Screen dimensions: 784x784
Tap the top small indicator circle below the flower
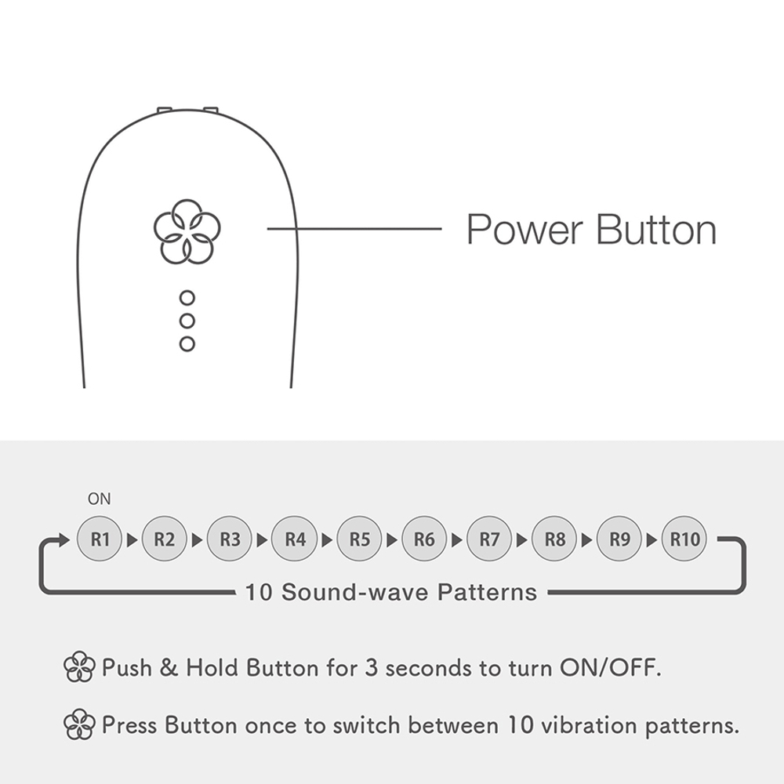(x=187, y=298)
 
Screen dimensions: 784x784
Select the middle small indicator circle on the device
(x=187, y=321)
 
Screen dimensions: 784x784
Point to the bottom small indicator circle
(x=187, y=344)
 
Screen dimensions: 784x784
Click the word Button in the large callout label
(x=656, y=230)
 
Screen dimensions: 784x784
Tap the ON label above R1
(x=99, y=499)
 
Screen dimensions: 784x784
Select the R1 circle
(x=100, y=539)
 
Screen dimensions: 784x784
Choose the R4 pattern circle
(x=295, y=539)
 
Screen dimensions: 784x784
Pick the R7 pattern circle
(x=489, y=539)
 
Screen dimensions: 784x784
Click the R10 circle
(x=684, y=539)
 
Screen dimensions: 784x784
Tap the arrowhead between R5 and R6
(x=392, y=540)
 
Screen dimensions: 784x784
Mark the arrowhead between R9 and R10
(x=652, y=540)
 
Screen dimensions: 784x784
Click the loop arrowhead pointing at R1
(x=64, y=540)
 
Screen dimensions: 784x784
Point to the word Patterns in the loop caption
(x=487, y=593)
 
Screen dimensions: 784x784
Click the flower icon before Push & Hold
(x=79, y=667)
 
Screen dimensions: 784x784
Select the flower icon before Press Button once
(x=79, y=724)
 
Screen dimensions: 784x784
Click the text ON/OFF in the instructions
(x=610, y=667)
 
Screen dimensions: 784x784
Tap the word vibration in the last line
(x=590, y=725)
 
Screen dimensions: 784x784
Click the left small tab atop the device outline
(x=165, y=110)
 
